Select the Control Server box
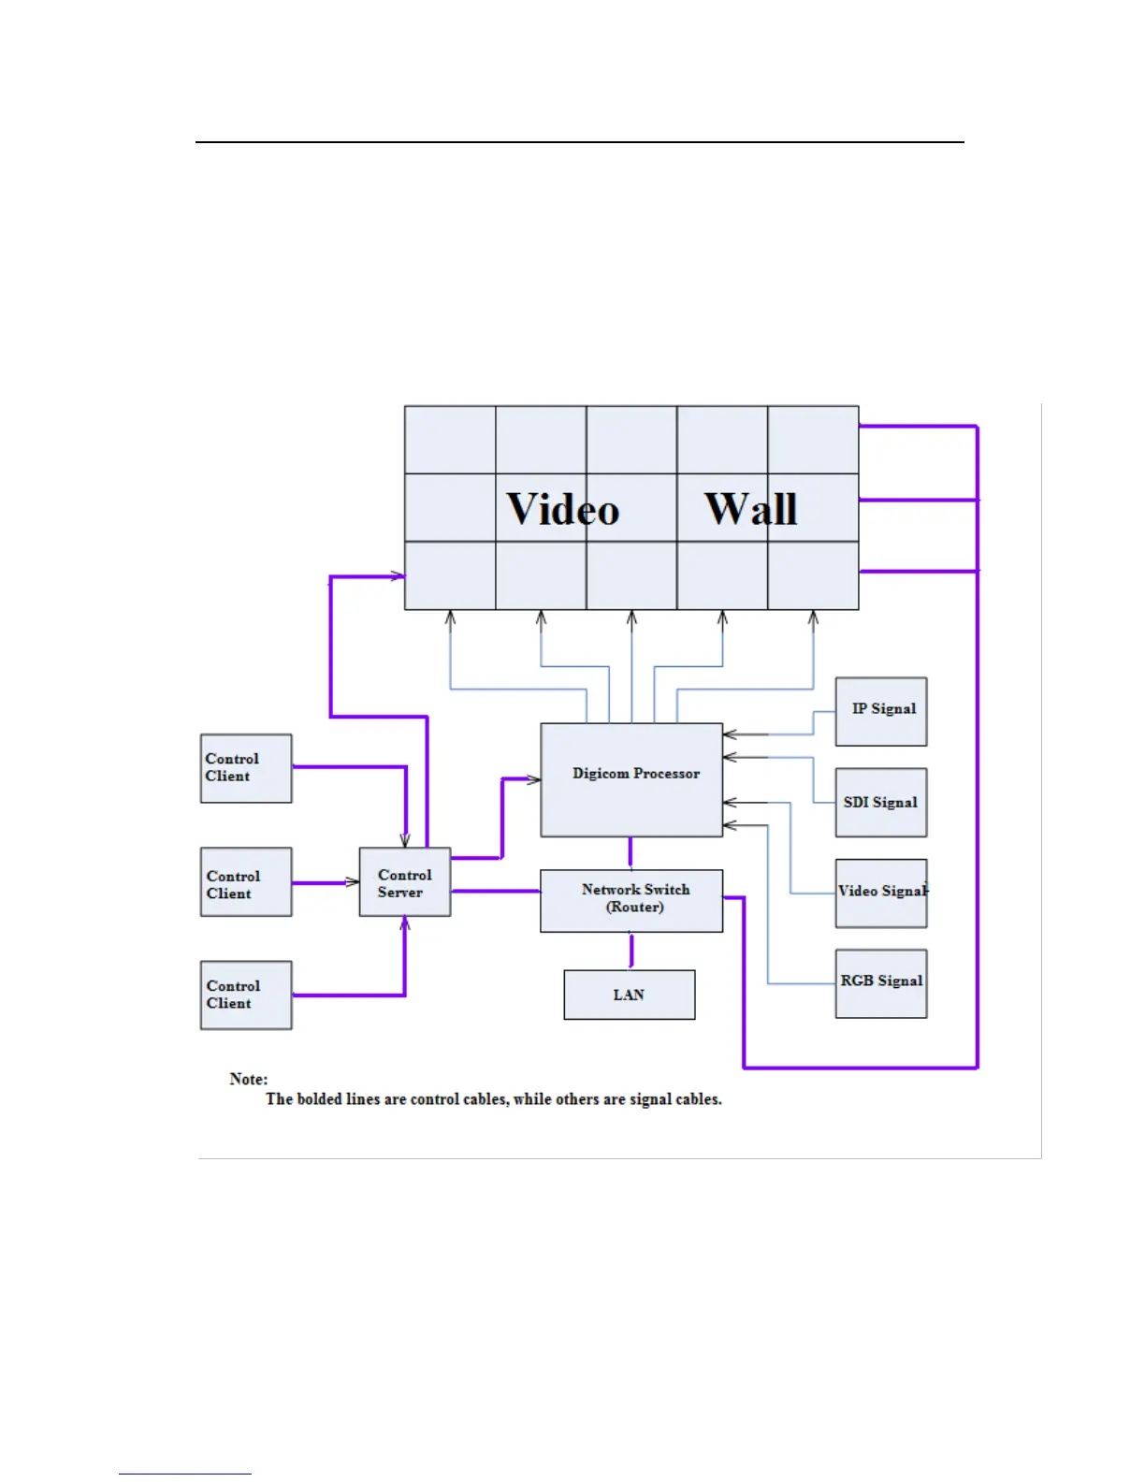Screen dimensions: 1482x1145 click(x=405, y=882)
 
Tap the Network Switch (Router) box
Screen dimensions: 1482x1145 click(x=631, y=900)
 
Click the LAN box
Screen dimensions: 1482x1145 click(x=630, y=995)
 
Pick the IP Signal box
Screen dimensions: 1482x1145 click(x=881, y=711)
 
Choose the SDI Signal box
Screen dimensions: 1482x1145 click(x=881, y=802)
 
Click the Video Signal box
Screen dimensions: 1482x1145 click(x=881, y=893)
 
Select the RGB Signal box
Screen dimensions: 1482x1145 click(x=881, y=983)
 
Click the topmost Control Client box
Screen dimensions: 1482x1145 click(x=246, y=768)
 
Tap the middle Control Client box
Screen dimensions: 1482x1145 click(x=246, y=881)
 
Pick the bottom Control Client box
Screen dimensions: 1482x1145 click(x=246, y=995)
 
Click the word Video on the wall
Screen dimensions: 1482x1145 click(x=563, y=510)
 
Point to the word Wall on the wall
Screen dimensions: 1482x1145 click(x=751, y=510)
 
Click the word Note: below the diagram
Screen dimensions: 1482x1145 click(x=249, y=1079)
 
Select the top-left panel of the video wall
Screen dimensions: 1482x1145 click(x=450, y=440)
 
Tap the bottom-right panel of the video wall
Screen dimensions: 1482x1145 click(x=813, y=575)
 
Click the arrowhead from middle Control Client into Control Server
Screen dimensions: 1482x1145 click(x=353, y=882)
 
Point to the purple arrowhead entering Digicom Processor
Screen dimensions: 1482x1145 click(x=533, y=779)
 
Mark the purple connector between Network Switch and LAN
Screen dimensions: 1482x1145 click(x=631, y=951)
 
